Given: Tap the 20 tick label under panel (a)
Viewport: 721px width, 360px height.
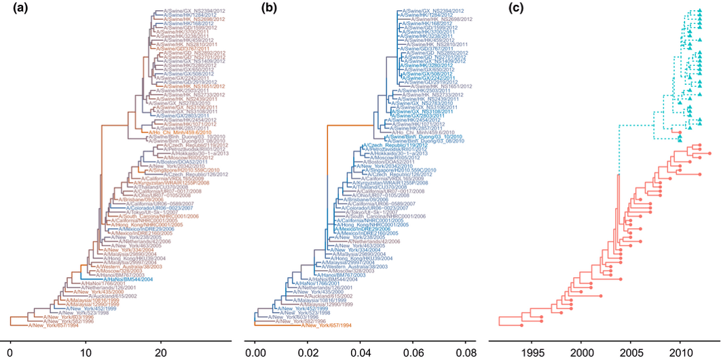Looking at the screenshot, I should tap(160, 352).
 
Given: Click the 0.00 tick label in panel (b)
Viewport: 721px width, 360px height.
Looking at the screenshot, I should tap(255, 352).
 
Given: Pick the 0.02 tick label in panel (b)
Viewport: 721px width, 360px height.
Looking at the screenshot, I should tap(307, 352).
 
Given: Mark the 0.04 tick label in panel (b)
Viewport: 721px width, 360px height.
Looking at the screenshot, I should tap(360, 352).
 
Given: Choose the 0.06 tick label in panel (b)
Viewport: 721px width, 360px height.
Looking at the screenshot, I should tap(412, 352).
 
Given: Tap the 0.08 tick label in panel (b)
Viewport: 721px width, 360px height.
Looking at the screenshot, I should tap(465, 352).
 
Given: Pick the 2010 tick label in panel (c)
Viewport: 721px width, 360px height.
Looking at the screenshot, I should tap(680, 352).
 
